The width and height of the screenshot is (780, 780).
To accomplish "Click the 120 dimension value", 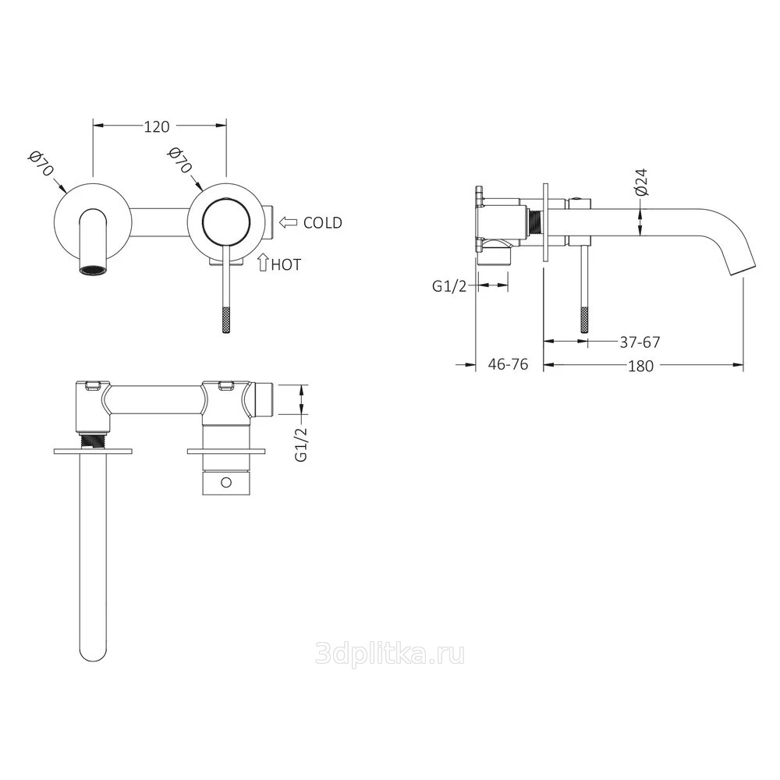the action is pyautogui.click(x=157, y=127).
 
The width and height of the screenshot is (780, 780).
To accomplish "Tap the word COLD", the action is pyautogui.click(x=323, y=222).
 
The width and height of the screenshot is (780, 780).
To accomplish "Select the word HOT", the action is pyautogui.click(x=286, y=264).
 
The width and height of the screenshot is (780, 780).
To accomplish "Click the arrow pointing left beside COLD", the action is pyautogui.click(x=288, y=222).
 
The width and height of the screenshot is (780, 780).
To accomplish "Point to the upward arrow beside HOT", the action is pyautogui.click(x=263, y=263).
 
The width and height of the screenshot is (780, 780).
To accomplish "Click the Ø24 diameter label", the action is pyautogui.click(x=642, y=182).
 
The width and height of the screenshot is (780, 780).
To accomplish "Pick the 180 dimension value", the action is pyautogui.click(x=640, y=366).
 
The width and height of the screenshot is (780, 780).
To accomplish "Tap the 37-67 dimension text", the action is pyautogui.click(x=640, y=342).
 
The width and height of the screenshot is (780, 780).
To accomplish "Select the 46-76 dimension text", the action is pyautogui.click(x=508, y=364).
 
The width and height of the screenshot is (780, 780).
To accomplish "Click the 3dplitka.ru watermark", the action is pyautogui.click(x=390, y=653).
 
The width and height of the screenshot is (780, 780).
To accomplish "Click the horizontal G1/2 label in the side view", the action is pyautogui.click(x=449, y=286).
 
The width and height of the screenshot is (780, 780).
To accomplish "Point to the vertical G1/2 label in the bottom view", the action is pyautogui.click(x=301, y=445).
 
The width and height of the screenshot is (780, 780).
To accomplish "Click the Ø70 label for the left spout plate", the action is pyautogui.click(x=41, y=162).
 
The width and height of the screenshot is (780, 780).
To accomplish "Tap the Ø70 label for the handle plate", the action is pyautogui.click(x=179, y=160).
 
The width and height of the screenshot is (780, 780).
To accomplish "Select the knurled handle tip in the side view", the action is pyautogui.click(x=584, y=319).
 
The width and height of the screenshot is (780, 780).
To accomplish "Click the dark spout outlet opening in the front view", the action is pyautogui.click(x=93, y=270).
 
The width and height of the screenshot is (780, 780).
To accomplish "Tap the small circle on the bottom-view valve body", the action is pyautogui.click(x=226, y=482).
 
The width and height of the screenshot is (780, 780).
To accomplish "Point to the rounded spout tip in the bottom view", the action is pyautogui.click(x=93, y=654).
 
